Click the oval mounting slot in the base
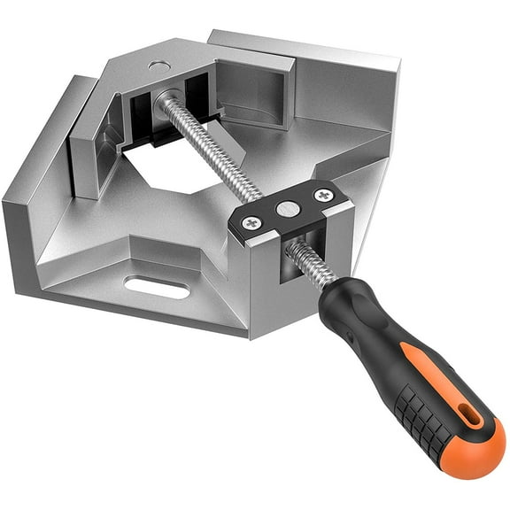[158, 286]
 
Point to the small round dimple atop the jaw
[157, 66]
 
